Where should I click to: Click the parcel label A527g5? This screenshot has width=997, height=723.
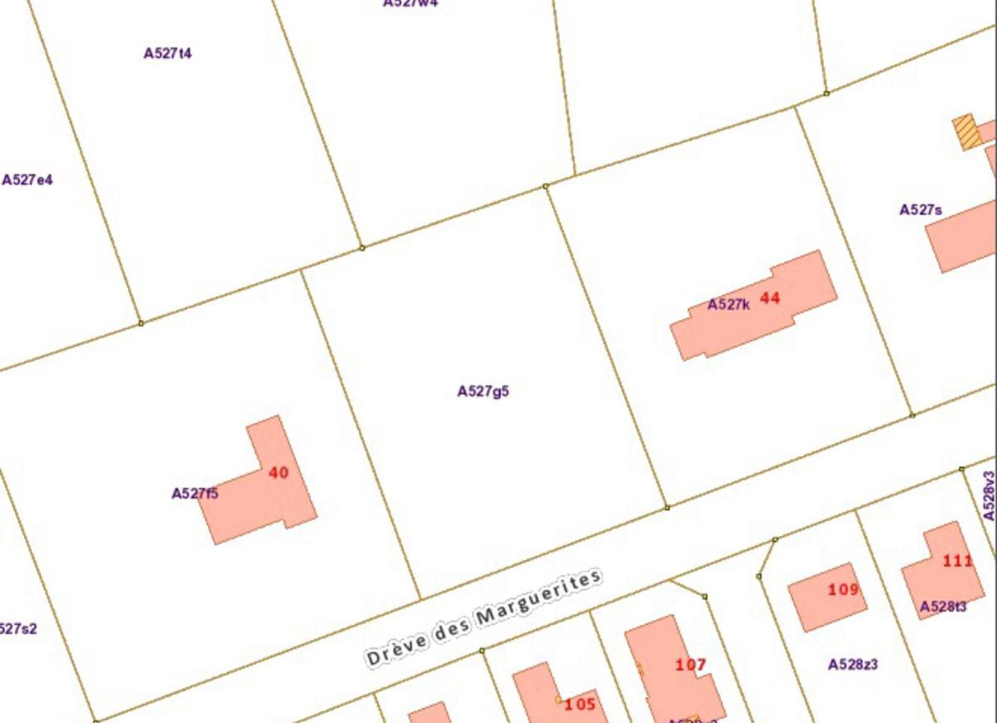(x=483, y=391)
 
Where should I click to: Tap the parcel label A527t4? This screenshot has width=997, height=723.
(x=168, y=53)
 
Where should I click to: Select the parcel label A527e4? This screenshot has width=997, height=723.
(x=27, y=180)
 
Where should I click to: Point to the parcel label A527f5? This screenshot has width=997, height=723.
(x=195, y=494)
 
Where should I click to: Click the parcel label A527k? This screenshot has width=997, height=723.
(x=729, y=305)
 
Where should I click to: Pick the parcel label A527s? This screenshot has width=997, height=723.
(x=921, y=210)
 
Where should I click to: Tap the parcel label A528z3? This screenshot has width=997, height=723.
(x=853, y=665)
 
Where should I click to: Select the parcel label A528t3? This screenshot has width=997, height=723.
(x=943, y=607)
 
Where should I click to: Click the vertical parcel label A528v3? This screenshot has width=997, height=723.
(x=989, y=496)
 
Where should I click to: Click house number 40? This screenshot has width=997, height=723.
(x=278, y=473)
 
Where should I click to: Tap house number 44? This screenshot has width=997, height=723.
(x=770, y=298)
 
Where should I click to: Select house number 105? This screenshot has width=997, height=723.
(x=580, y=705)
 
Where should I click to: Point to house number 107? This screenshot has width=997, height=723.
(x=690, y=665)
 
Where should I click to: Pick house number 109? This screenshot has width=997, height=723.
(x=843, y=590)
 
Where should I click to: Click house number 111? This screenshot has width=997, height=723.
(x=957, y=561)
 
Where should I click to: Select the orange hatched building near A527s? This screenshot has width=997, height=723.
(x=966, y=132)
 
